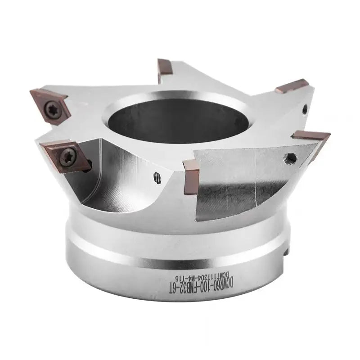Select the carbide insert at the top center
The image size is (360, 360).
tap(164, 67)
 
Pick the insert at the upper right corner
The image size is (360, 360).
tap(292, 85)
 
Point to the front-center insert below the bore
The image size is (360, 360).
tap(191, 175)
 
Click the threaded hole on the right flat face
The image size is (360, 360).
tap(291, 157)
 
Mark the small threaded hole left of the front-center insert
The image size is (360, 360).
tap(157, 178)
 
